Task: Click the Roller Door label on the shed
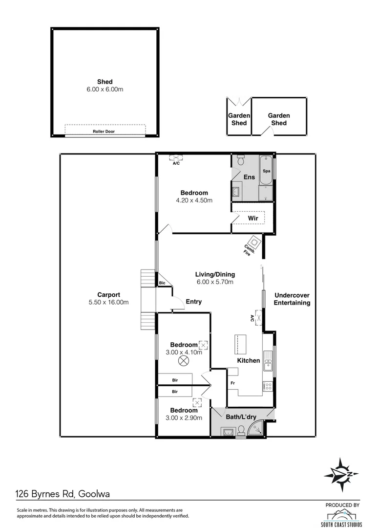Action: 104,132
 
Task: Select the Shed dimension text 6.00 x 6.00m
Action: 105,90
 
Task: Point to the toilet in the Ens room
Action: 240,161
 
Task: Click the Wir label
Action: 252,218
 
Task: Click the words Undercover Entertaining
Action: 292,299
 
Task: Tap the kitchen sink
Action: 268,363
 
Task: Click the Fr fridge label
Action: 233,383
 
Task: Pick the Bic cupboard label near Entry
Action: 161,283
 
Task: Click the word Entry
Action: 193,302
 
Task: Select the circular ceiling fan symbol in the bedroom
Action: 183,361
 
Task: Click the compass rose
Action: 341,474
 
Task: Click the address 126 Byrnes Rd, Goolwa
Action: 63,494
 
